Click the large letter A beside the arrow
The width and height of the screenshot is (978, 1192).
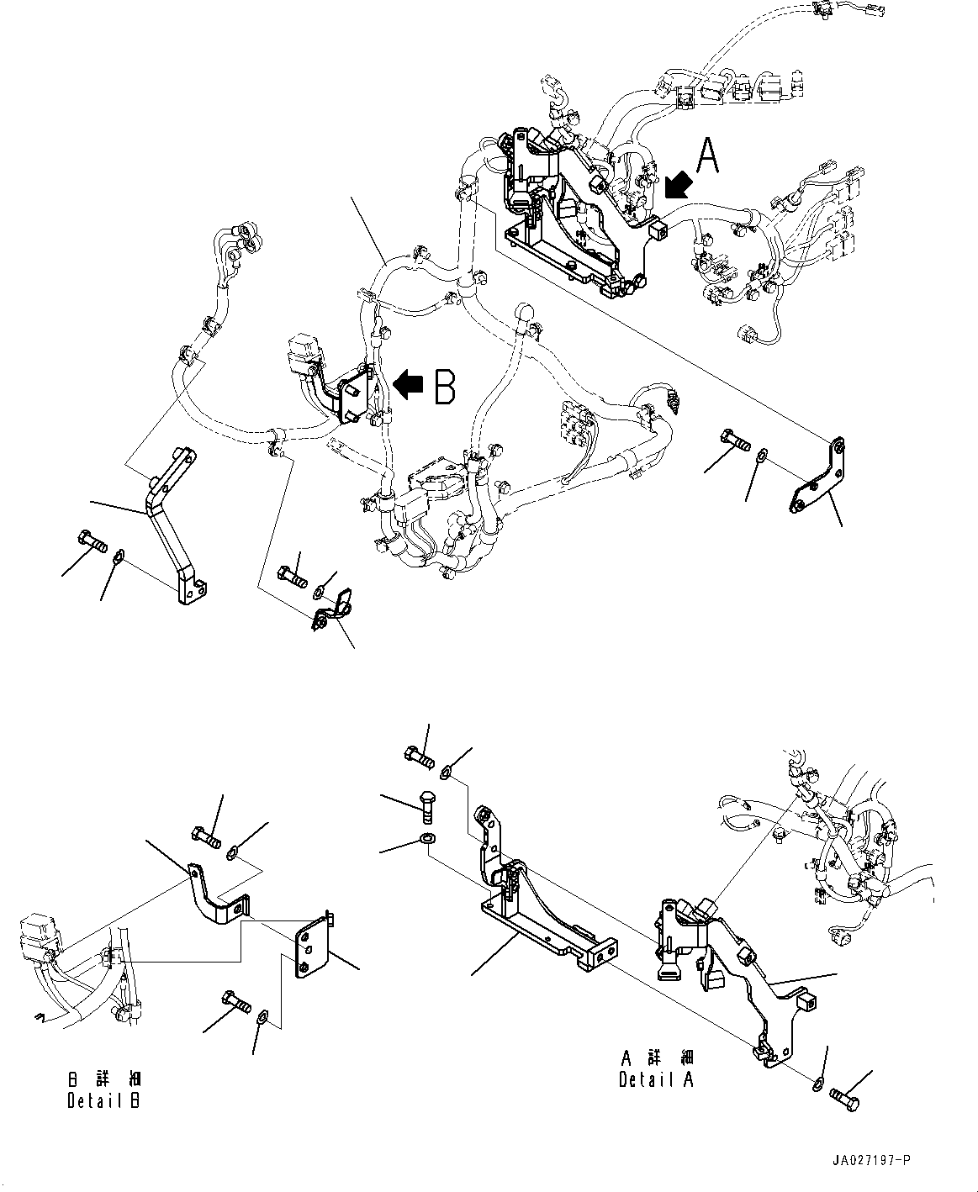point(708,156)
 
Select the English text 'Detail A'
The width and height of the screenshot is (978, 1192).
point(657,1079)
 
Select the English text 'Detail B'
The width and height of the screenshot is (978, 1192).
point(103,1100)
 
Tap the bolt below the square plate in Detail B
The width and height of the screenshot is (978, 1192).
point(235,1001)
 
